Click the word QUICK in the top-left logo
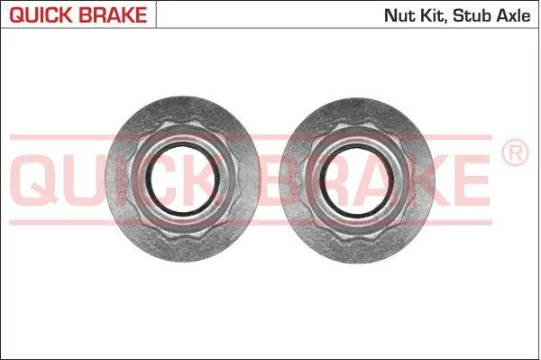(x=41, y=15)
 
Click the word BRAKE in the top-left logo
(x=113, y=14)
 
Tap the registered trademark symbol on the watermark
(x=515, y=152)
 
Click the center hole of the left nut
(x=182, y=179)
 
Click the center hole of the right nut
(x=357, y=180)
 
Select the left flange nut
(x=182, y=179)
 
